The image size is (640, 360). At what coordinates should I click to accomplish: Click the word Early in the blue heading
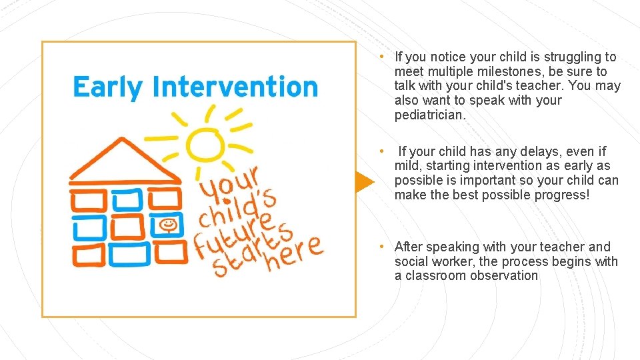pos(107,87)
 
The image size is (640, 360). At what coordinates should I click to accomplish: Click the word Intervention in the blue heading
pos(235,87)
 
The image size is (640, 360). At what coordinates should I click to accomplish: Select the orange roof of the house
pos(125,163)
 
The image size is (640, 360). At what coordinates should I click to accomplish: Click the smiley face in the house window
pos(169,225)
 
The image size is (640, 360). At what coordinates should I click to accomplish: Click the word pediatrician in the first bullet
pos(429,115)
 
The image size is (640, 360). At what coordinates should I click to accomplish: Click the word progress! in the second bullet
pos(559,195)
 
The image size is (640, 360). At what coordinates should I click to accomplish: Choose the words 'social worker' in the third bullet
pos(434,261)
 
